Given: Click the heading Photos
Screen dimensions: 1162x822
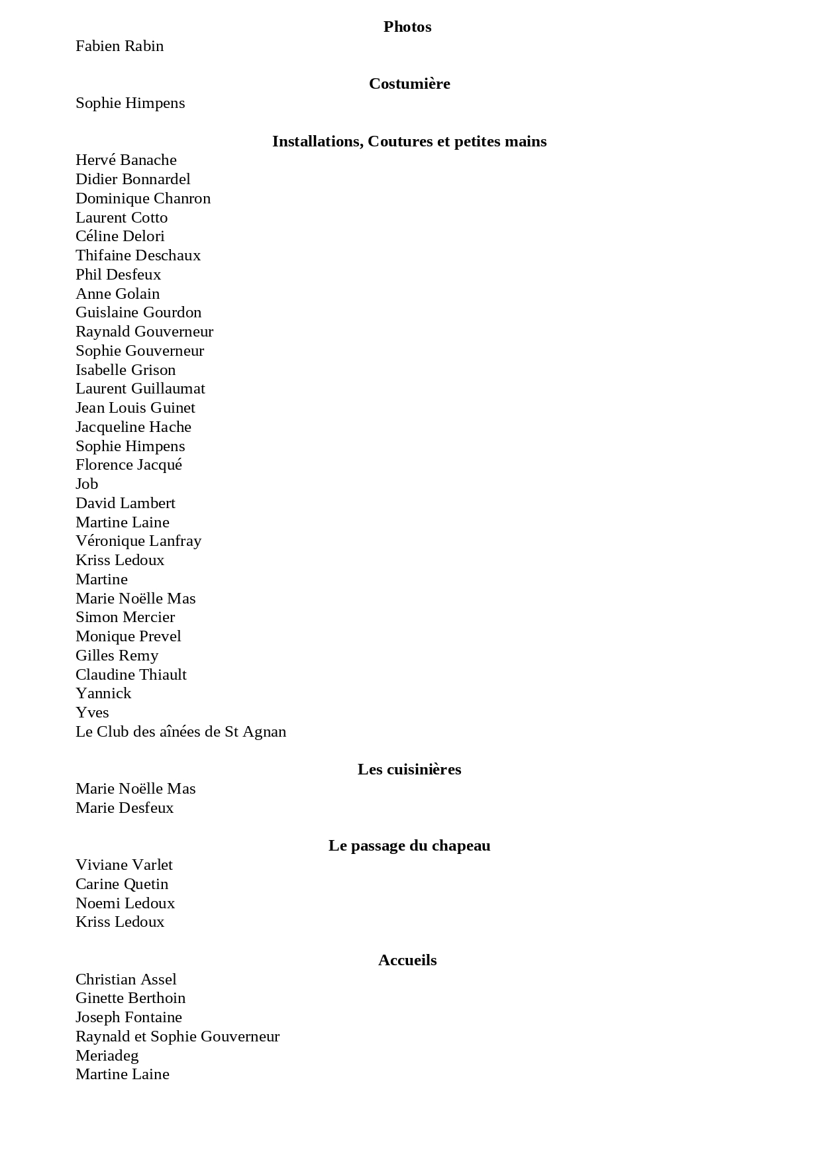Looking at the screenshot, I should coord(407,27).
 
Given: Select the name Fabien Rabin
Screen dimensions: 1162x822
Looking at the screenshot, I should coord(119,46).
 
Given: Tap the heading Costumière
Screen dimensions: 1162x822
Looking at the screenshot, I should coord(409,84).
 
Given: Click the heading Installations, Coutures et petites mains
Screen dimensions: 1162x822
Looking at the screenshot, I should coord(409,142).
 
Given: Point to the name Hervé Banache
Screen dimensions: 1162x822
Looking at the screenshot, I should coord(126,160).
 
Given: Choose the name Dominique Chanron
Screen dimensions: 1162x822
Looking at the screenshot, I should coord(143,199).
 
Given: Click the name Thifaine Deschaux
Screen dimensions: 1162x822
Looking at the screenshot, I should coord(138,256).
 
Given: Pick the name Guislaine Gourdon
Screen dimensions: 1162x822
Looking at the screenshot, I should coord(138,313).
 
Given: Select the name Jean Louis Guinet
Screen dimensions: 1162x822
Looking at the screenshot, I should coord(135,408).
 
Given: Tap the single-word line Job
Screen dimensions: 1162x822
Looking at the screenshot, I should coord(87,484).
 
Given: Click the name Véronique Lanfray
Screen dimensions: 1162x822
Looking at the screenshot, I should coord(138,541).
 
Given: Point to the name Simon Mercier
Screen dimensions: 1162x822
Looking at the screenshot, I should coord(125,617).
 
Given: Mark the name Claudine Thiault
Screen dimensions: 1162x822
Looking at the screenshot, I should coord(131,675).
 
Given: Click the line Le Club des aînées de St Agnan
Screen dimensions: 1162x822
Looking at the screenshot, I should coord(181,732).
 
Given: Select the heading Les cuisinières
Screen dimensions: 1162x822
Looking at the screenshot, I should coord(409,770).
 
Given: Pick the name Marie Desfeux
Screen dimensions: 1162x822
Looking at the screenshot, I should coord(125,808).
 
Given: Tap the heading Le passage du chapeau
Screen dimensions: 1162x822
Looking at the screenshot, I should coord(409,846).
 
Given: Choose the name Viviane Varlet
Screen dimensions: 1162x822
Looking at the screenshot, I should coord(124,865).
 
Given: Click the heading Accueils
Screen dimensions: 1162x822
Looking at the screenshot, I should coord(407,961).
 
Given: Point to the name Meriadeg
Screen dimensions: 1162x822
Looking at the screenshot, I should coord(107,1056).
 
